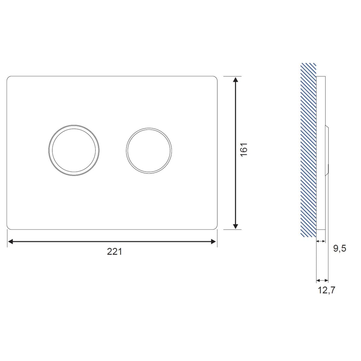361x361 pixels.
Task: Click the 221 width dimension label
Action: coord(114,252)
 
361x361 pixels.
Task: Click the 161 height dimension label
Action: coord(244,150)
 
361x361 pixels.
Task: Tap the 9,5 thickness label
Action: coord(340,249)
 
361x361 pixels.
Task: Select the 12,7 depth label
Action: coord(326,291)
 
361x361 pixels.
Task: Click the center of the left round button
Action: coord(74,150)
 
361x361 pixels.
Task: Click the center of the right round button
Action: coord(149,151)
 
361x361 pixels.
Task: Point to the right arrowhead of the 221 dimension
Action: coord(213,242)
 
